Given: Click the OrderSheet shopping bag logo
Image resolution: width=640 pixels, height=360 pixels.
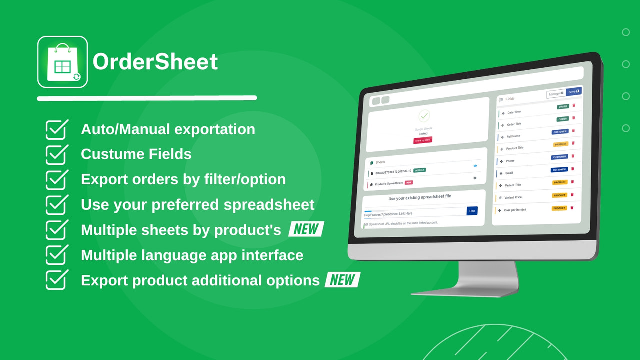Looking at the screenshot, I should pyautogui.click(x=63, y=62).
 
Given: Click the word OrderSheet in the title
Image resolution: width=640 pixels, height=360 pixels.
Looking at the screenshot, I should pyautogui.click(x=155, y=62).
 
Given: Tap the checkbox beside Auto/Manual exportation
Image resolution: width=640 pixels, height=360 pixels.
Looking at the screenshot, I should pyautogui.click(x=57, y=129).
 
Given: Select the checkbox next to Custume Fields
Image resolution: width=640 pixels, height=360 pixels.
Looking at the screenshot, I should pyautogui.click(x=57, y=154).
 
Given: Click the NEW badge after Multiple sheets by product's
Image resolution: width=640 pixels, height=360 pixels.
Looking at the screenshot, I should pyautogui.click(x=306, y=229).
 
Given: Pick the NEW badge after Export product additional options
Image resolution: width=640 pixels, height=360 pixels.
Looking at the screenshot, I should pyautogui.click(x=343, y=280).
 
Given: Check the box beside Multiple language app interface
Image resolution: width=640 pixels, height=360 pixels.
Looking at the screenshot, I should pyautogui.click(x=57, y=255).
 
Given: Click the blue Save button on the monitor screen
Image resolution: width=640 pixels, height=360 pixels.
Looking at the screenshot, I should pyautogui.click(x=574, y=92).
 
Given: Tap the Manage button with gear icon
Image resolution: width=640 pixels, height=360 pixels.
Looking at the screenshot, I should pyautogui.click(x=556, y=93).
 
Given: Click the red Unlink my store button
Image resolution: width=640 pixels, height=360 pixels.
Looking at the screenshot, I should pyautogui.click(x=423, y=140).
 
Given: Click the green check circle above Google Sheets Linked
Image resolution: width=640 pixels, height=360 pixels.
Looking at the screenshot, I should pyautogui.click(x=424, y=116).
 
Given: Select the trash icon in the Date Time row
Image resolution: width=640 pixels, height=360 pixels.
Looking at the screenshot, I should pyautogui.click(x=574, y=105).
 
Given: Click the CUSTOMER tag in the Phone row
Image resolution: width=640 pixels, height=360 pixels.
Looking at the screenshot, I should pyautogui.click(x=559, y=157).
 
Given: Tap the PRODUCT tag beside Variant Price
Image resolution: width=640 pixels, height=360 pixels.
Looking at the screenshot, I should pyautogui.click(x=559, y=195).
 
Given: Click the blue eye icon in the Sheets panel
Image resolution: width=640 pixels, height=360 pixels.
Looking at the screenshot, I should pyautogui.click(x=475, y=165).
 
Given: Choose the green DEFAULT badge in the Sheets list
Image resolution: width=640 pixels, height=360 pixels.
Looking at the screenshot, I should pyautogui.click(x=420, y=170).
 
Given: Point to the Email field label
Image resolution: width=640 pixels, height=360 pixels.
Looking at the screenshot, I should pyautogui.click(x=509, y=173).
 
